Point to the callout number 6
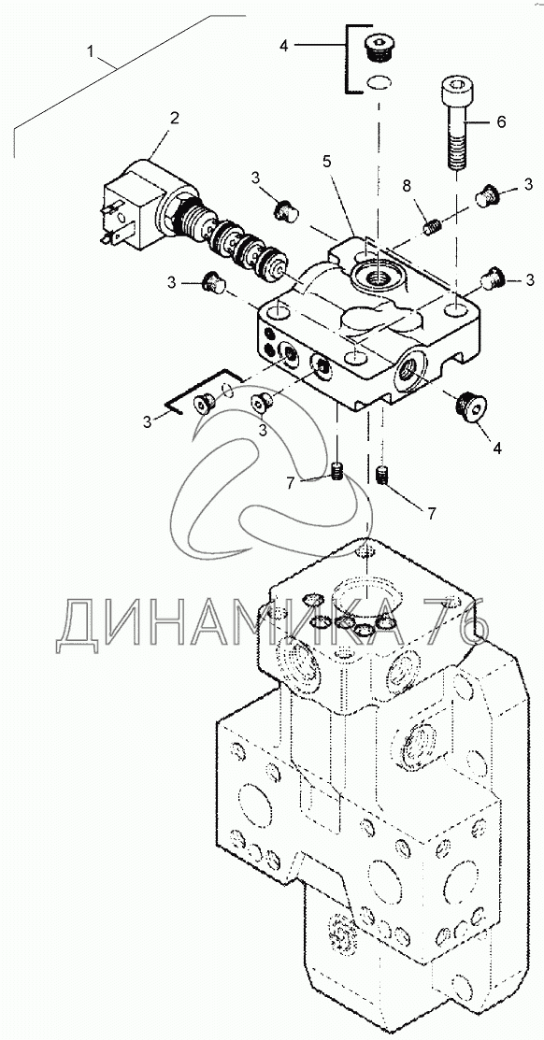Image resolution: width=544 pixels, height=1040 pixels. click(x=501, y=121)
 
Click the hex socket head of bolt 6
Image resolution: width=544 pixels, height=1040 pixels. click(x=456, y=88)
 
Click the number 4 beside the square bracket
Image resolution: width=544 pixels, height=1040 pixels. click(x=284, y=46)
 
